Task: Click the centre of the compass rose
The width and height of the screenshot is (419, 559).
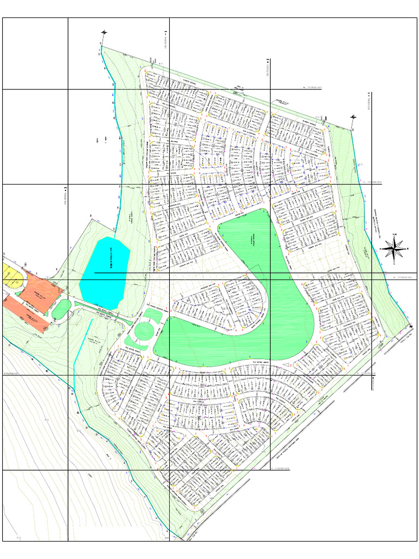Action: [394, 249]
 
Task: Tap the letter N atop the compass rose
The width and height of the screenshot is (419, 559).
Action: [394, 235]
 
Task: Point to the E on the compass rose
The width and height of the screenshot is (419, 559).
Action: [408, 249]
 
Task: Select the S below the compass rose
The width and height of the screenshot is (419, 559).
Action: [394, 263]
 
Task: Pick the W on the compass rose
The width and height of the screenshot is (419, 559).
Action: [381, 249]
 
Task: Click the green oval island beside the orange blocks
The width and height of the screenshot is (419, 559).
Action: [62, 309]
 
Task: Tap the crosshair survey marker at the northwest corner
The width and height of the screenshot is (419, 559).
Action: [104, 33]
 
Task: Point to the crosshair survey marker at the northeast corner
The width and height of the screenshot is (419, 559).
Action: [353, 117]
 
